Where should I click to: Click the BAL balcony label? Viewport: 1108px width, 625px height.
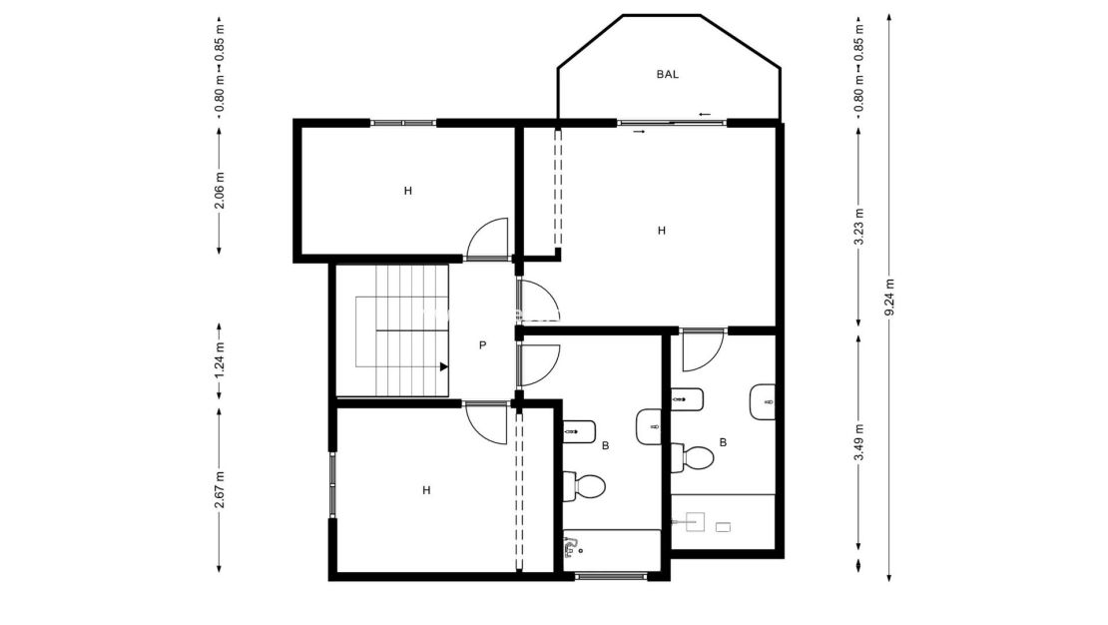pos(668,74)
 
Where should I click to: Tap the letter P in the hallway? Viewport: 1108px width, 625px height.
pos(482,345)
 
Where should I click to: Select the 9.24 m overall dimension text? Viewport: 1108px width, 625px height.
pos(889,297)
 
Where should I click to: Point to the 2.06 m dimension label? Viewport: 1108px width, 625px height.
pos(220,190)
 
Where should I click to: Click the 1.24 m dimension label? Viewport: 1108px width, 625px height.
pos(220,360)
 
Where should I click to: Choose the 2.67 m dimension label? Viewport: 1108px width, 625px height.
pos(220,489)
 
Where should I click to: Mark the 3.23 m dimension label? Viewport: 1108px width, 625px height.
pos(859,226)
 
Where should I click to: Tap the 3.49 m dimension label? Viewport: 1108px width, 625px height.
pos(859,442)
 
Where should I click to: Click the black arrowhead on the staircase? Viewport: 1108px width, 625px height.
pos(443,366)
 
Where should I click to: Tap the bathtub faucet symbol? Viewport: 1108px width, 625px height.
pos(571,545)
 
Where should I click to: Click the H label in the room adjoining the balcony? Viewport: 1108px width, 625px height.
pos(661,231)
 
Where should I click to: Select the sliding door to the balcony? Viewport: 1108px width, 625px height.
pos(672,123)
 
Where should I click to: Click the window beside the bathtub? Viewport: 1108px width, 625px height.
pos(611,576)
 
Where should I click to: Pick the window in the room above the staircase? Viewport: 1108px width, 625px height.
pos(403,123)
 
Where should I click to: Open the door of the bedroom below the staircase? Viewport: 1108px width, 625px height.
pos(487,422)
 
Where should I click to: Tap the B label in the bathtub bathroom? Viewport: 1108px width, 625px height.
pos(605,445)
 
